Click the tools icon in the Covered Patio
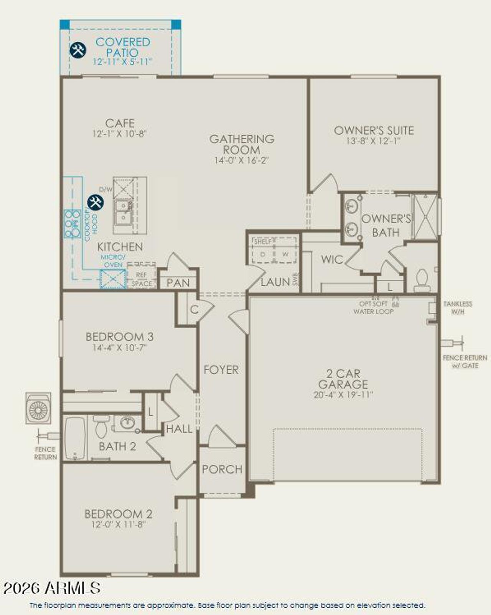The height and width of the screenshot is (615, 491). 78,50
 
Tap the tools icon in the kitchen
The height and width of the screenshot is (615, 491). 95,202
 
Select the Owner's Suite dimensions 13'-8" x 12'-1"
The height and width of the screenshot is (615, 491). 373,141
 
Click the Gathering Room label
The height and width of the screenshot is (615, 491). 242,144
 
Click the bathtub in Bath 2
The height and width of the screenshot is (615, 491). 75,438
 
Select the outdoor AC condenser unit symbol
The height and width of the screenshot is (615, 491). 38,408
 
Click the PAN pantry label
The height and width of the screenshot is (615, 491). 178,283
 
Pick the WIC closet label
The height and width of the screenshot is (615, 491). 332,259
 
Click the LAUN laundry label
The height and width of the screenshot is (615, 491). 275,282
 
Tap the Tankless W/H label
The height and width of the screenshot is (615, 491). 458,308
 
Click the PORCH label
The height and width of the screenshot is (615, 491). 222,469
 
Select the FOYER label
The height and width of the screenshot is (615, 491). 221,370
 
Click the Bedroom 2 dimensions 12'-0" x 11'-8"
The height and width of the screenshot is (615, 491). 119,524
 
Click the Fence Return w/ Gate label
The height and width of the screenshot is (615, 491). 465,361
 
